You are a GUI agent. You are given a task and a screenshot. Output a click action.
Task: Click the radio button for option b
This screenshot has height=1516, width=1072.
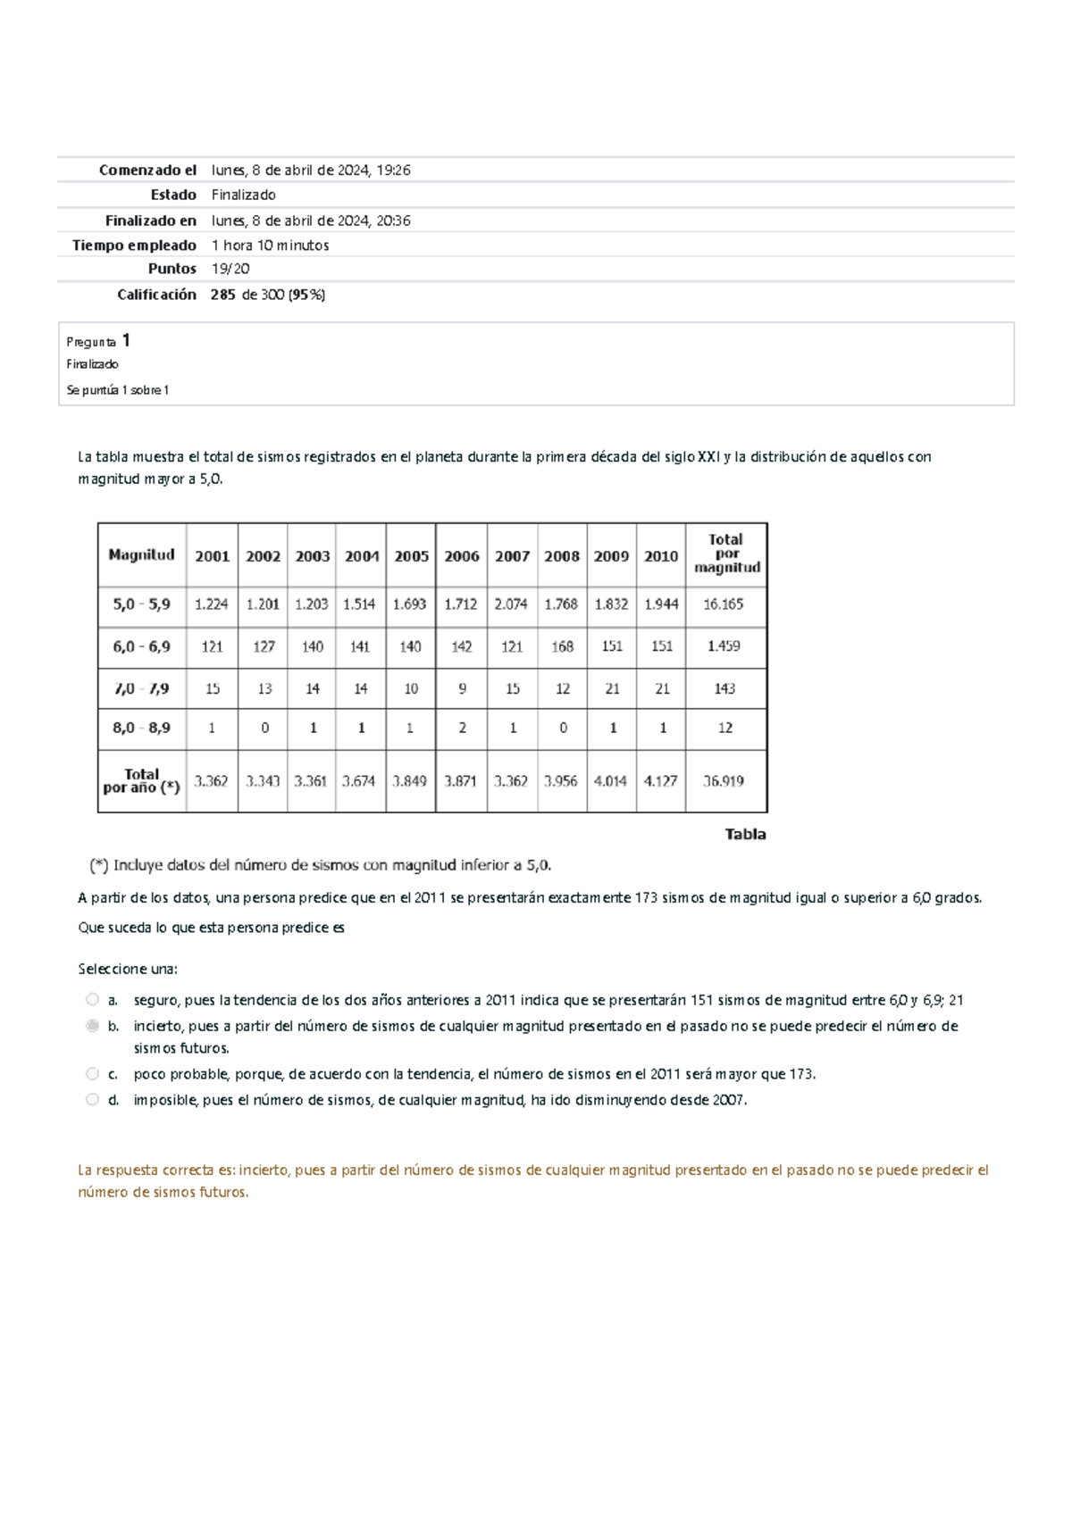pyautogui.click(x=92, y=1026)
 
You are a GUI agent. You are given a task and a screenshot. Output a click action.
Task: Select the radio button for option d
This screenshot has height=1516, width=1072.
pyautogui.click(x=92, y=1100)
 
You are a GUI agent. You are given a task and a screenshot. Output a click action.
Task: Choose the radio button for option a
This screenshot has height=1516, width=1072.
pyautogui.click(x=92, y=1000)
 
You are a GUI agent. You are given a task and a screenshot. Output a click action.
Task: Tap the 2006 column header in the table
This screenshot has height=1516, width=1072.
pyautogui.click(x=461, y=556)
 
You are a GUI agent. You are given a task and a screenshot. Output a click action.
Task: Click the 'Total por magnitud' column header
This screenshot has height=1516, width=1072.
pyautogui.click(x=726, y=554)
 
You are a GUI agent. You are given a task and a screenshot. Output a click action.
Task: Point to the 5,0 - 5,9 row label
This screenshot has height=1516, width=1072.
pyautogui.click(x=141, y=604)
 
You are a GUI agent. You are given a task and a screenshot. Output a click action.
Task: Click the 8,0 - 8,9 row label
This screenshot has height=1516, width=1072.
pyautogui.click(x=141, y=729)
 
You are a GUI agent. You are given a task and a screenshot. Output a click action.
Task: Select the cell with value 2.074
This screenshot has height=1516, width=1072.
pyautogui.click(x=511, y=604)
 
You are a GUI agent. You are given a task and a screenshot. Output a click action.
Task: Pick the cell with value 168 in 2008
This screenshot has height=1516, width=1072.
pyautogui.click(x=562, y=646)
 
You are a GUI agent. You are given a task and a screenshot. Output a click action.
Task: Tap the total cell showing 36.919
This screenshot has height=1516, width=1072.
pyautogui.click(x=724, y=781)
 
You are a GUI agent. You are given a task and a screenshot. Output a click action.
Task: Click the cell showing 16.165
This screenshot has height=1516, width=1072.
pyautogui.click(x=724, y=604)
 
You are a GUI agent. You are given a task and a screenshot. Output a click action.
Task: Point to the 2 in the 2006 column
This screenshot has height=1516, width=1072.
pyautogui.click(x=462, y=729)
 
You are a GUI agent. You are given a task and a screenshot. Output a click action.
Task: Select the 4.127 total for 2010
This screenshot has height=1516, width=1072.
pyautogui.click(x=661, y=781)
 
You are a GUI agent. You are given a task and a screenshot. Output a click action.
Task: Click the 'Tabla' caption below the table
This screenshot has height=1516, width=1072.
pyautogui.click(x=745, y=834)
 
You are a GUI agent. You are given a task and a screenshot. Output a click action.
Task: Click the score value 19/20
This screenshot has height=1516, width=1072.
pyautogui.click(x=230, y=269)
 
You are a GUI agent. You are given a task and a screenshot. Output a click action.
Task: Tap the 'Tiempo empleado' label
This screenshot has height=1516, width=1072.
pyautogui.click(x=134, y=246)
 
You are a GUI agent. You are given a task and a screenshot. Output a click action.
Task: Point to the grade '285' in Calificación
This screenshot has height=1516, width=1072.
pyautogui.click(x=223, y=295)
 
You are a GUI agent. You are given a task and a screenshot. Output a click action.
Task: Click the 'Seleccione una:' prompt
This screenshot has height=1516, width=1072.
pyautogui.click(x=128, y=969)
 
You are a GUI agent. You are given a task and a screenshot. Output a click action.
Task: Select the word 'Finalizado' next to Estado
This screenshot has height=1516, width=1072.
pyautogui.click(x=243, y=195)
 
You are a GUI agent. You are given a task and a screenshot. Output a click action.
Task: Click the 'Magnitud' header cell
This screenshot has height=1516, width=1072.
pyautogui.click(x=141, y=555)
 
